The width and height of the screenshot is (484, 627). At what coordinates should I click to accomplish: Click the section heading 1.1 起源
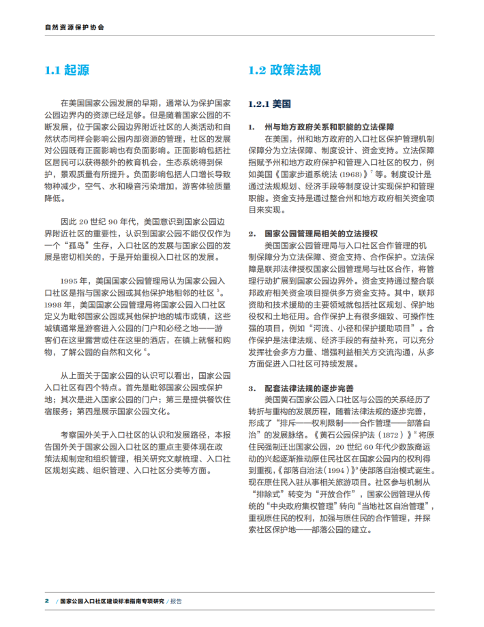(67, 70)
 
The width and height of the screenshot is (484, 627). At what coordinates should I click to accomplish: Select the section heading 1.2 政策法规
(284, 70)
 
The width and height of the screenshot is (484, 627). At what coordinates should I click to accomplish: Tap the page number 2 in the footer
(46, 601)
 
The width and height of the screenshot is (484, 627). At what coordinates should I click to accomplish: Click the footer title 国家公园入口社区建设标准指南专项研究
(112, 601)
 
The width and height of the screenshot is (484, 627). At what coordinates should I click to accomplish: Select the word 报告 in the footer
(176, 601)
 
